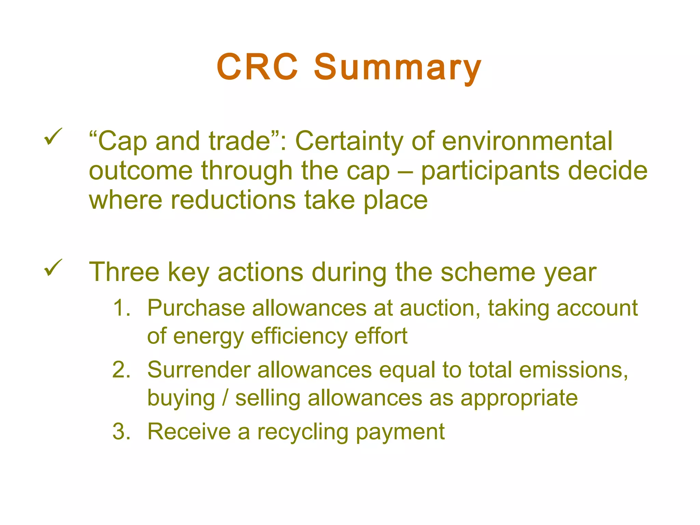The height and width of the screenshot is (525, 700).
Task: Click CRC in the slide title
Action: click(x=257, y=67)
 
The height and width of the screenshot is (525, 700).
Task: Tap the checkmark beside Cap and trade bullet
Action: click(x=53, y=137)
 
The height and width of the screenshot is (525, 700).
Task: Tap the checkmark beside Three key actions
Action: click(x=53, y=268)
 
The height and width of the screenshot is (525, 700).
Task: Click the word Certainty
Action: click(x=349, y=141)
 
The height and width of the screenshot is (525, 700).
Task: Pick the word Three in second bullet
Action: click(x=124, y=272)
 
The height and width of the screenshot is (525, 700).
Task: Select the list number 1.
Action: click(x=121, y=308)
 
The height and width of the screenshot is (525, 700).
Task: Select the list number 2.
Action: click(x=121, y=370)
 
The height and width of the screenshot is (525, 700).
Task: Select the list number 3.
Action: click(x=121, y=432)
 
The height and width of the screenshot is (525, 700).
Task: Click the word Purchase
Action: click(x=196, y=308)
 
